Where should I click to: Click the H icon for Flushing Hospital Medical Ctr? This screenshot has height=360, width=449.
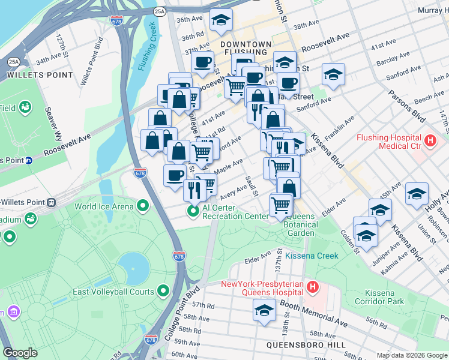point(430,142)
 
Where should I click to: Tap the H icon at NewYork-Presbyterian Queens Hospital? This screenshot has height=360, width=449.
point(312,287)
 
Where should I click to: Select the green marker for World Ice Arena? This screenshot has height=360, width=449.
point(142,206)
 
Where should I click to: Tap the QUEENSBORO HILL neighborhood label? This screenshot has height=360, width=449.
point(307,345)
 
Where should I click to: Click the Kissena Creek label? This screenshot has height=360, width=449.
point(312,256)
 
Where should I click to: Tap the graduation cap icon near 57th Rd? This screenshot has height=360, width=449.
point(264,311)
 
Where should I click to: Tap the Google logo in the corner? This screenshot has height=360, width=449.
point(20,353)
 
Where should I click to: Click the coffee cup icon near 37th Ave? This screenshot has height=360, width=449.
point(202,61)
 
